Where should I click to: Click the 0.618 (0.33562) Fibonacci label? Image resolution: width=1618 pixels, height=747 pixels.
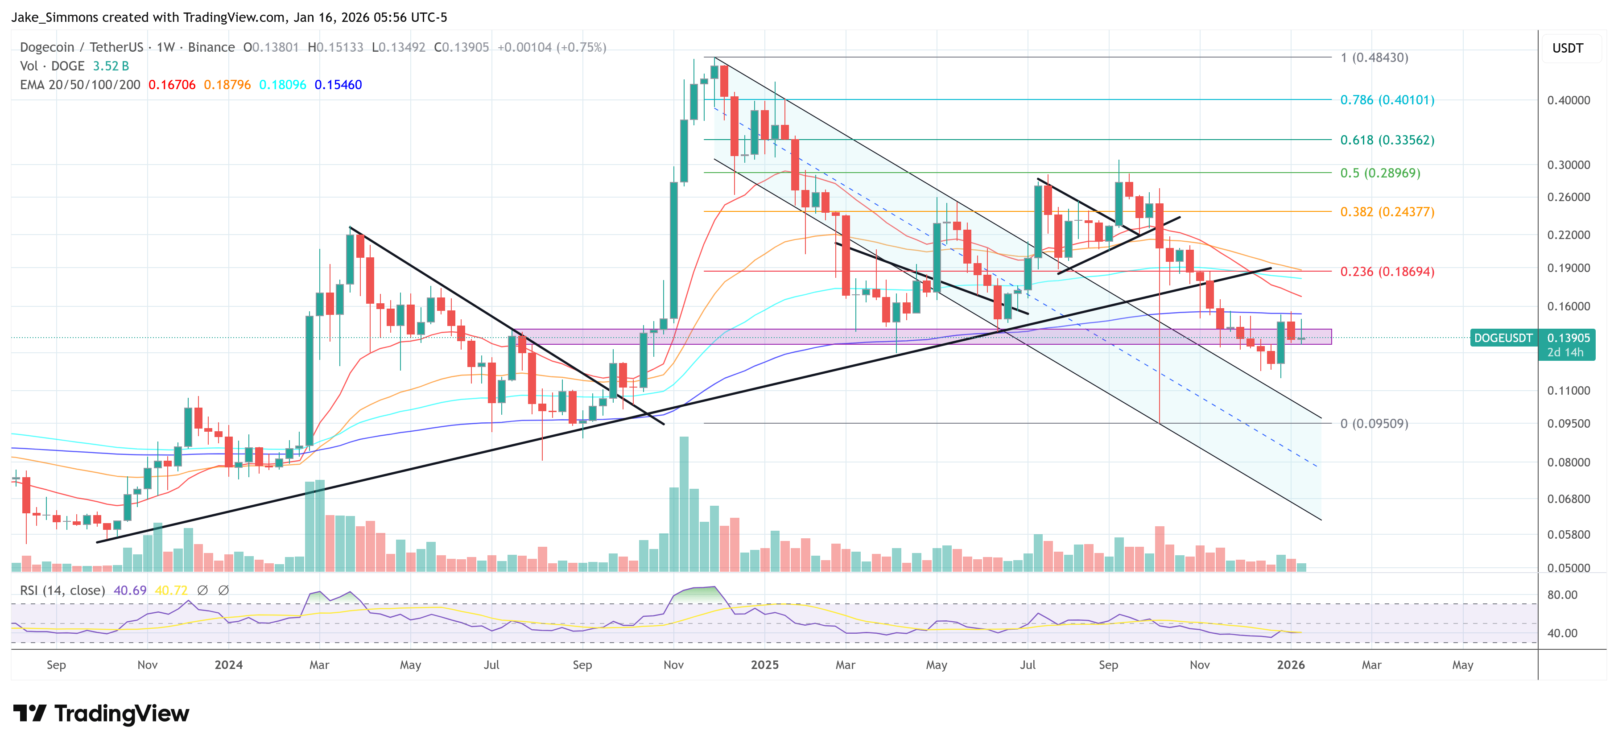click(1387, 140)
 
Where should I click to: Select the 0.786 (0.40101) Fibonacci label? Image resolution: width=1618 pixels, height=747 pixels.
click(1387, 100)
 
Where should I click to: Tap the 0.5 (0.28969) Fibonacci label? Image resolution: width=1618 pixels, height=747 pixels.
click(1380, 173)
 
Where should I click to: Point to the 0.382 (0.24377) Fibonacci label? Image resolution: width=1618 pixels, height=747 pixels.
click(1387, 212)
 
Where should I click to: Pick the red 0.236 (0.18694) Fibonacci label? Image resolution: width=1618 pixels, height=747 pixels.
click(1387, 272)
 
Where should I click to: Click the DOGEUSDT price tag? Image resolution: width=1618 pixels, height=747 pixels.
click(1503, 338)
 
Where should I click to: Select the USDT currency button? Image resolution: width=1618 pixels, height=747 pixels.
click(1567, 48)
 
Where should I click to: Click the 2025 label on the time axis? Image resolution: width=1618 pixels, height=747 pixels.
click(764, 664)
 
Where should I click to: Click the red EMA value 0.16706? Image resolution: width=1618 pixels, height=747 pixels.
click(171, 85)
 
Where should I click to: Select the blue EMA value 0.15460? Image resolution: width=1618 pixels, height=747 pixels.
click(338, 85)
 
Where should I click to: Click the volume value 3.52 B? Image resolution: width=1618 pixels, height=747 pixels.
click(111, 66)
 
